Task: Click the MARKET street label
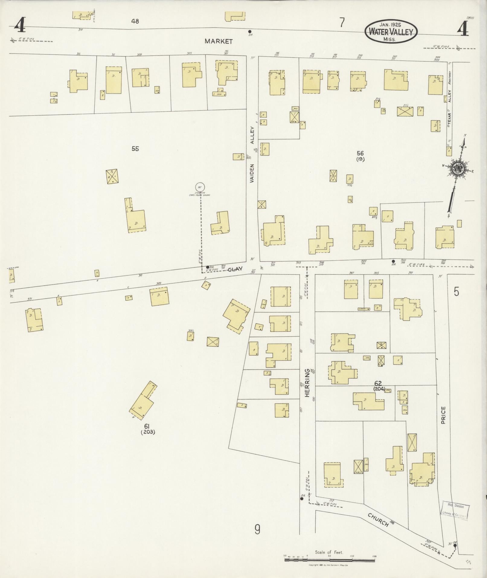click(219, 41)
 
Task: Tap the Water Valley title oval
click(391, 31)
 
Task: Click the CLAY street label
click(235, 269)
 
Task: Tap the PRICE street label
click(443, 415)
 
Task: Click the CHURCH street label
click(378, 519)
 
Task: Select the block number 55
click(135, 149)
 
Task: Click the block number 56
click(360, 153)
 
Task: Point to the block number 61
click(147, 426)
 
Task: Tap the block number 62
click(378, 384)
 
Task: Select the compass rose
click(458, 169)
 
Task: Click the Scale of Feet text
click(329, 552)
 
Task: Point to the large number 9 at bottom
click(257, 529)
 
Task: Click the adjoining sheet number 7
click(342, 23)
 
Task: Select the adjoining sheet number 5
click(456, 292)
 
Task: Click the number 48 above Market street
click(135, 21)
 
